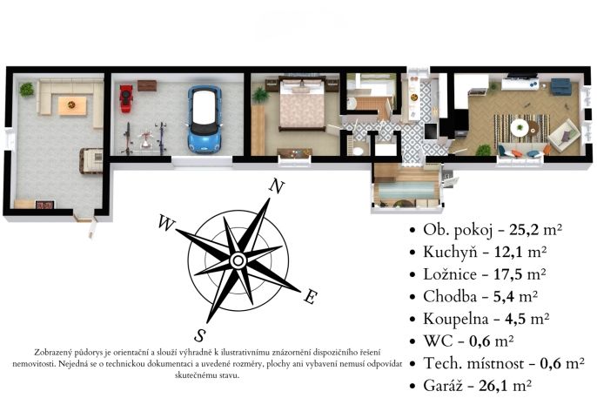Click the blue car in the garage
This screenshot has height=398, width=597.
click(205, 119)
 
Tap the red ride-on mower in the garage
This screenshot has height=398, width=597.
click(126, 98)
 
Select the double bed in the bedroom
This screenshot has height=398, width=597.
click(302, 104)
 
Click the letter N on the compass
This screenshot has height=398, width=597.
click(277, 186)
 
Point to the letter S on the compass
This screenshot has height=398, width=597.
click(200, 335)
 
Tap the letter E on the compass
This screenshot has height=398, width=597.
click(311, 297)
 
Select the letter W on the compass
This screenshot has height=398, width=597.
click(166, 223)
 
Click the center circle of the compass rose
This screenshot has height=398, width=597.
click(238, 261)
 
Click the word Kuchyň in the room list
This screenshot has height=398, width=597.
click(450, 253)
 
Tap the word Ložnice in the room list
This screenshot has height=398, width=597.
click(450, 274)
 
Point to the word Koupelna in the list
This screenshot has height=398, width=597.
click(455, 319)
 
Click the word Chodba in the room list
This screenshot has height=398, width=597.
click(450, 297)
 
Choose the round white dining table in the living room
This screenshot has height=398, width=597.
click(519, 127)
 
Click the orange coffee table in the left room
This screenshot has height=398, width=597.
click(72, 105)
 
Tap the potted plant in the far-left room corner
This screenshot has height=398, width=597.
click(27, 90)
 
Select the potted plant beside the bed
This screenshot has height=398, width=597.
click(260, 95)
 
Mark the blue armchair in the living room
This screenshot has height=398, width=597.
click(560, 86)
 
